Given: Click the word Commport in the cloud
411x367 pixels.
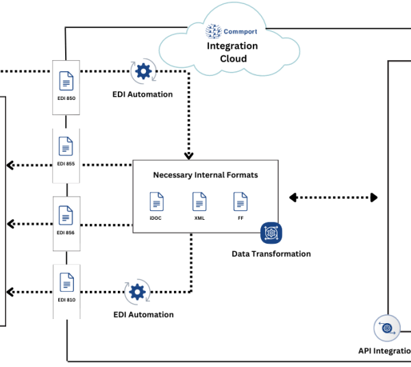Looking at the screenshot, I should [240, 31].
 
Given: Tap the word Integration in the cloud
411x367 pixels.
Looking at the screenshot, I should [232, 46].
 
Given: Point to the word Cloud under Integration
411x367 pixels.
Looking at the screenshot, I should [233, 58].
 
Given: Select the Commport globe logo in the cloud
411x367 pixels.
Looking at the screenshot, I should [214, 31].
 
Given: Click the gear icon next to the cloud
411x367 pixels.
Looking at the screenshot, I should [143, 71].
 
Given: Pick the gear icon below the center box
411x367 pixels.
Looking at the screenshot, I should [137, 292].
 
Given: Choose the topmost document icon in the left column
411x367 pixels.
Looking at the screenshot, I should [66, 81].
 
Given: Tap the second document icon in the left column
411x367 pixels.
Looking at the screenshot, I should [66, 147].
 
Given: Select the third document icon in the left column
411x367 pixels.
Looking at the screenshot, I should [66, 214].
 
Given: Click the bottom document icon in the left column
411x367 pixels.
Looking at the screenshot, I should [66, 281].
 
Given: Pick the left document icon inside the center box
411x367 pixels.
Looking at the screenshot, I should [157, 201].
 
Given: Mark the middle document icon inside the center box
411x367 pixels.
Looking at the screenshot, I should [199, 201].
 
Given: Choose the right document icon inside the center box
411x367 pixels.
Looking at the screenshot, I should [240, 201].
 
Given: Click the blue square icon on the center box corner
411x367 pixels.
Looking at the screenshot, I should [271, 233].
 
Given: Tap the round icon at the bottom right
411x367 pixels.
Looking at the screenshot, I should [386, 328].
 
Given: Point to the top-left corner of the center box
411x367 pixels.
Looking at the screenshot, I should [133, 161].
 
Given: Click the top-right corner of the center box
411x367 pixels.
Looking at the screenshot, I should [278, 161].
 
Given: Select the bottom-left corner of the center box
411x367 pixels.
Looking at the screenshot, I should [133, 232].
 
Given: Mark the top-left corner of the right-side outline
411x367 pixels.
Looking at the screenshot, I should [388, 62].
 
